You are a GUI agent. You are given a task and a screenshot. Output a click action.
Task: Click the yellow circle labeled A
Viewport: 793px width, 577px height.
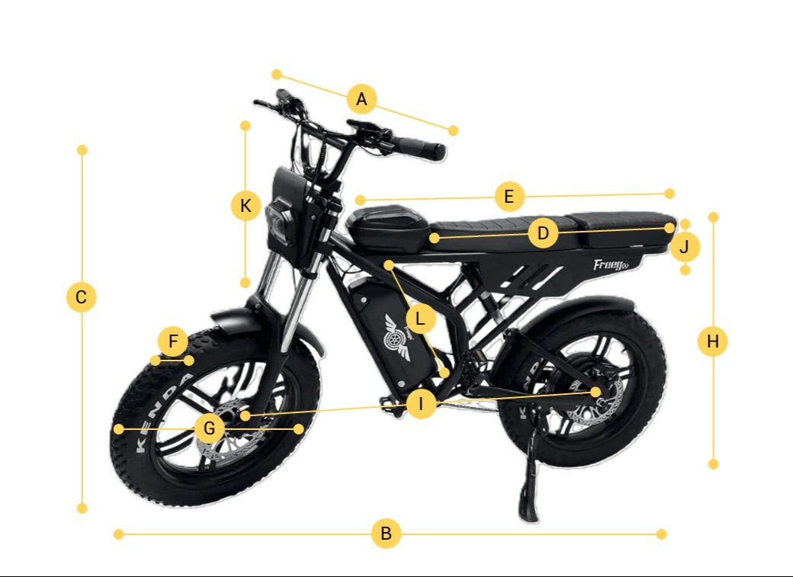coord(361,98)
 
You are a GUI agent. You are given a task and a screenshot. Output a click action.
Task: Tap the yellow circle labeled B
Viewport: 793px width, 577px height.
coord(386,534)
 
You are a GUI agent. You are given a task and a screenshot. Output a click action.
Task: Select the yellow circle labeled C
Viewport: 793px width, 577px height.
coord(81,297)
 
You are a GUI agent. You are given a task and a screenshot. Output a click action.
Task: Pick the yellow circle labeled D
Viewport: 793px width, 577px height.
coord(543,233)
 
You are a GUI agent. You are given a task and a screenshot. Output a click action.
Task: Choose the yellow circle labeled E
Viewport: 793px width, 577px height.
coord(509,196)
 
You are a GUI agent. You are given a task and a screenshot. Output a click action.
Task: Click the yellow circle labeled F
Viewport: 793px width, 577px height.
coord(173,341)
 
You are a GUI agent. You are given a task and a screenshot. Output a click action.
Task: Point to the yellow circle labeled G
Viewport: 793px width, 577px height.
coord(209,428)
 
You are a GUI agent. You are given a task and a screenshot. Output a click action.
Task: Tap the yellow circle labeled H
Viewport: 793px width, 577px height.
coord(713,341)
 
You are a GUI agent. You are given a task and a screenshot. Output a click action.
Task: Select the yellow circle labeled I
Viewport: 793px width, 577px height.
coord(421,403)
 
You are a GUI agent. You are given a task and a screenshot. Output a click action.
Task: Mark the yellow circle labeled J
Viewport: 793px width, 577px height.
coord(685,247)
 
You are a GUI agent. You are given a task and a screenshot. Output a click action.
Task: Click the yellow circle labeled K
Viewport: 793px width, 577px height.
coord(246,206)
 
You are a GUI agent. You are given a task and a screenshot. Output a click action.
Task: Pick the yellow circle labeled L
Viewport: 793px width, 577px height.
coord(420,319)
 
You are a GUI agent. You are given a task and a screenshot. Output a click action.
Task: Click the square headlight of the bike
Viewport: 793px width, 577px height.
coord(281,222)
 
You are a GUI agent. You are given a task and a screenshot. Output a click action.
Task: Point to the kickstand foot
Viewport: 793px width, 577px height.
coord(529,511)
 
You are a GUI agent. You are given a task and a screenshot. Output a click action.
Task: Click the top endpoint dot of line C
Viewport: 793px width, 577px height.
coord(82,150)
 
